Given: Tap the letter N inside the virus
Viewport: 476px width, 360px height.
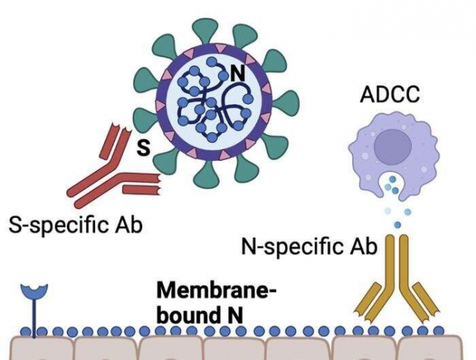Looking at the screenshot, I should pyautogui.click(x=237, y=73).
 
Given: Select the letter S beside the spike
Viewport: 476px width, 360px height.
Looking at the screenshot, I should pyautogui.click(x=144, y=148).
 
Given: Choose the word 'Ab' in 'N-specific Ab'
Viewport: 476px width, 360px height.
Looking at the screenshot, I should pyautogui.click(x=363, y=247).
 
